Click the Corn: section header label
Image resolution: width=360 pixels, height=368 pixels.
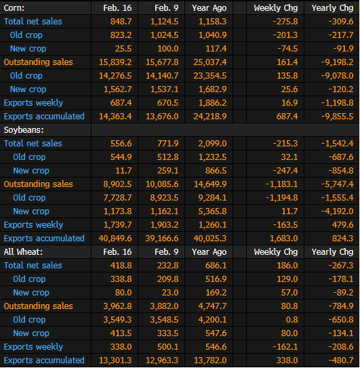pyautogui.click(x=14, y=8)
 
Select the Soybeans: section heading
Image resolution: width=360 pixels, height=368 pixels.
pyautogui.click(x=24, y=130)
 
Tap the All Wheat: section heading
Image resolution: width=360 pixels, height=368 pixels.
pyautogui.click(x=23, y=252)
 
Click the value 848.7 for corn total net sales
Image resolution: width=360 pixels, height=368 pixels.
pyautogui.click(x=121, y=22)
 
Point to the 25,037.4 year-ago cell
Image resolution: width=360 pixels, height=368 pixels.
pyautogui.click(x=210, y=62)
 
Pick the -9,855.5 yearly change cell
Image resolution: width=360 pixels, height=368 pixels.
pyautogui.click(x=337, y=117)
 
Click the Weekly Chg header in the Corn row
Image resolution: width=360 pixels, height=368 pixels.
pyautogui.click(x=276, y=8)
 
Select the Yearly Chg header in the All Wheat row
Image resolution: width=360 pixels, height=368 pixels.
pyautogui.click(x=332, y=252)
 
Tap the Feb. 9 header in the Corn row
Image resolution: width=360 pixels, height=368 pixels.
pyautogui.click(x=167, y=8)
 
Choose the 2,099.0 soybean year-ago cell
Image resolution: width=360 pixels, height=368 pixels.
pyautogui.click(x=212, y=144)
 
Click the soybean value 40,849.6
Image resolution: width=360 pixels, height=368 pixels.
pyautogui.click(x=115, y=239)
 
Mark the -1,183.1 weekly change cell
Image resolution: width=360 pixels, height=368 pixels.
pyautogui.click(x=281, y=184)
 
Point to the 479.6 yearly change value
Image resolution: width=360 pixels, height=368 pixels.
pyautogui.click(x=342, y=225)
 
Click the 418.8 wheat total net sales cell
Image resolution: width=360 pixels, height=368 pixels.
pyautogui.click(x=121, y=266)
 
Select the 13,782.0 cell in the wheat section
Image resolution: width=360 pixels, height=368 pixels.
pyautogui.click(x=210, y=361)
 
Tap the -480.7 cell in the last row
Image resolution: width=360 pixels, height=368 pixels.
pyautogui.click(x=341, y=361)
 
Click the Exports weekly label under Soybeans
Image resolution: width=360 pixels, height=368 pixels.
pyautogui.click(x=33, y=225)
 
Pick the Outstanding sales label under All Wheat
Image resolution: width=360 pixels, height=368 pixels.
pyautogui.click(x=38, y=306)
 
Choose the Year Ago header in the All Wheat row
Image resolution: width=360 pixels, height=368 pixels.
pyautogui.click(x=209, y=252)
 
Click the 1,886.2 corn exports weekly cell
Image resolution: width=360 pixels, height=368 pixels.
pyautogui.click(x=212, y=103)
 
